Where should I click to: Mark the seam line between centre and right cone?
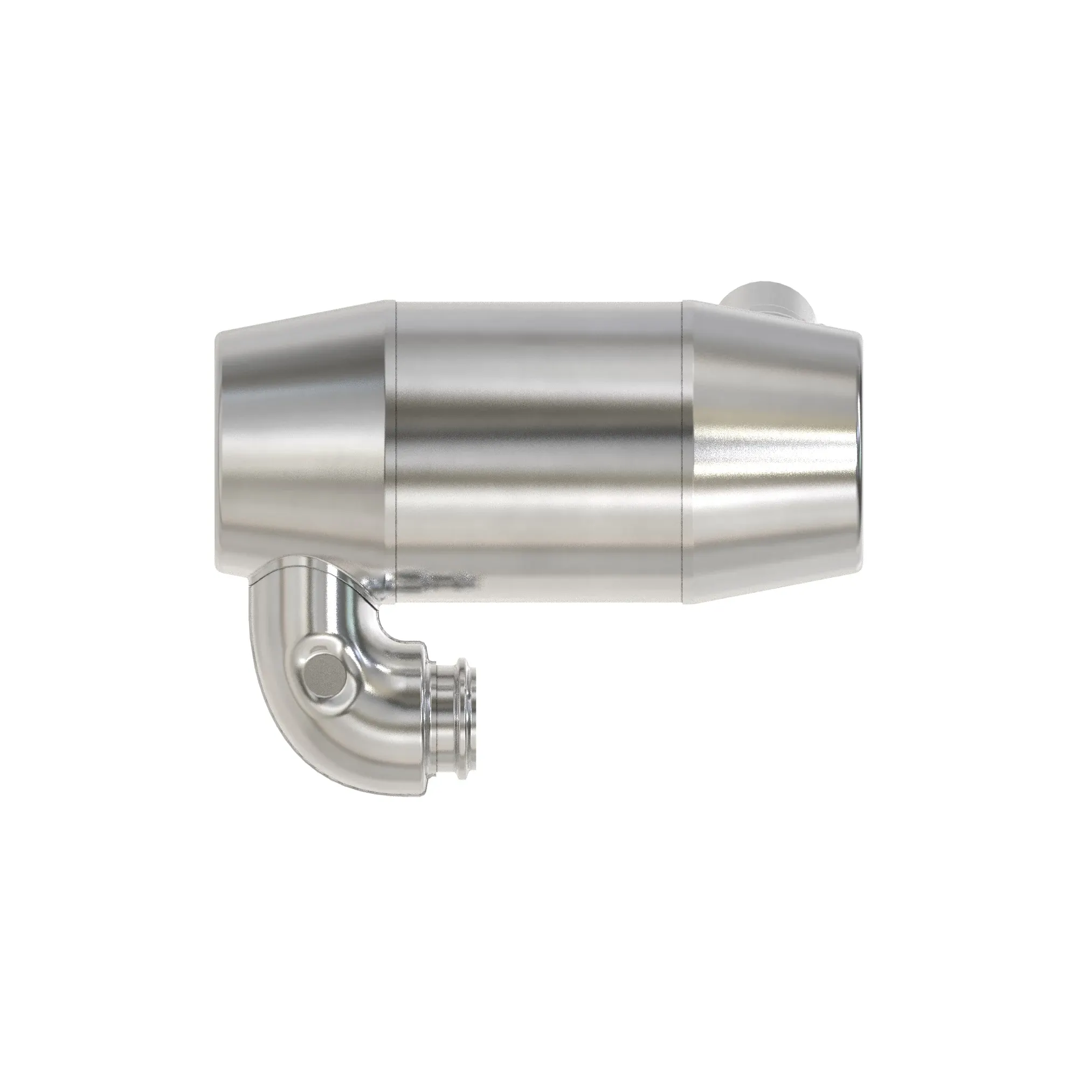click(683, 446)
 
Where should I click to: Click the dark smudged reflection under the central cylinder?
click(435, 581)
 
